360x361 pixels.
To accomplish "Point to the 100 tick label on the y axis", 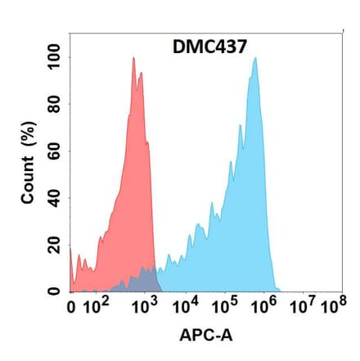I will point(55,58).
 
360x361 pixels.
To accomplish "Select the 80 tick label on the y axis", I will point(55,106).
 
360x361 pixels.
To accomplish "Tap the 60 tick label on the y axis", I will point(55,152).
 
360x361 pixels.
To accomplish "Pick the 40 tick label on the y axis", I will point(55,199).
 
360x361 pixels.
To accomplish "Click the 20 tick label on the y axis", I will point(55,246).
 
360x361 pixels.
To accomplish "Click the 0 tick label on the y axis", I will point(55,291).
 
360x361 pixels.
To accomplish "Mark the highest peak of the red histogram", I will point(133,58).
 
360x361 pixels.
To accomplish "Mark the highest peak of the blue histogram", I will point(255,58).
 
